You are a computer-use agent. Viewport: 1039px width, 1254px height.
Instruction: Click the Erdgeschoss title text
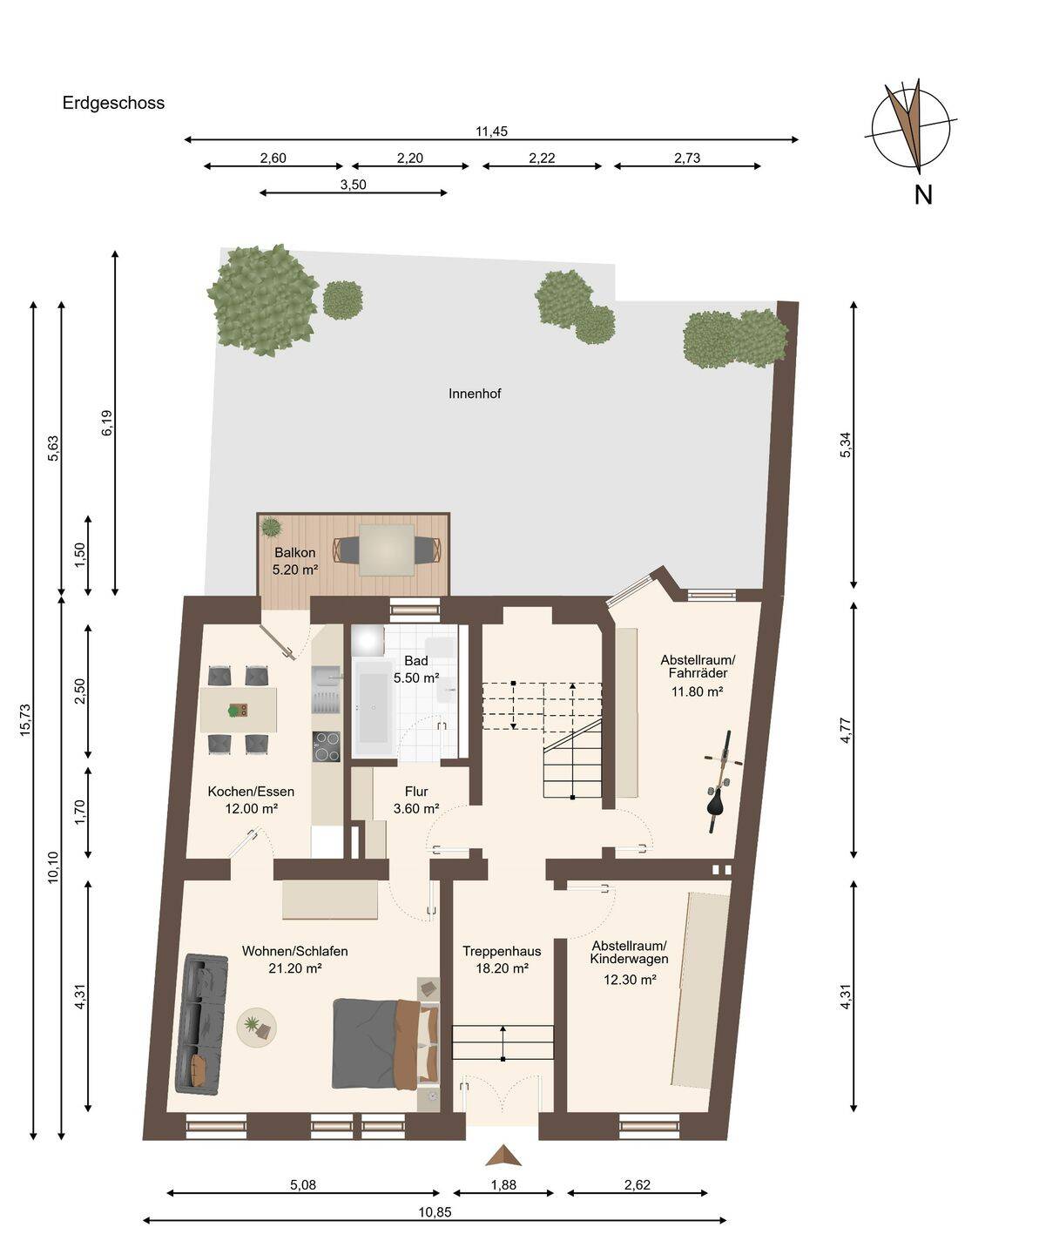click(113, 104)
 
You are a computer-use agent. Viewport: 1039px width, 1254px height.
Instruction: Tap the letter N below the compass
click(923, 195)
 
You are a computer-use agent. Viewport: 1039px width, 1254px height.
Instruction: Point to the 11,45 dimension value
click(491, 131)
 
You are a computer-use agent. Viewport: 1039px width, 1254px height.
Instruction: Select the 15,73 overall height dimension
click(25, 720)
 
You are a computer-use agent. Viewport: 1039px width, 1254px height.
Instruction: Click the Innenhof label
click(475, 394)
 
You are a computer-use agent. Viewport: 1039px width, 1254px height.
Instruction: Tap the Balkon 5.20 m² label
click(295, 561)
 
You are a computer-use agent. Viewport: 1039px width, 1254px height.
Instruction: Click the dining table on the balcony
click(387, 550)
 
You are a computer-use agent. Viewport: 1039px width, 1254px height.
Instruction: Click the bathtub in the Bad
click(373, 707)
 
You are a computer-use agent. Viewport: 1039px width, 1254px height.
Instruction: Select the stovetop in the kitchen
click(326, 746)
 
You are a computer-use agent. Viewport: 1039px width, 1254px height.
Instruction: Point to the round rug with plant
click(256, 1027)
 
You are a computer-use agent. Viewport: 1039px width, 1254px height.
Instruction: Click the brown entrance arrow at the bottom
click(503, 1155)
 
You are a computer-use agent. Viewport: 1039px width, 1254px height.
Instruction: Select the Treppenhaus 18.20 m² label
click(502, 960)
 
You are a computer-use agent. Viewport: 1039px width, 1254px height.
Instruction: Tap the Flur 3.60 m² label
click(416, 800)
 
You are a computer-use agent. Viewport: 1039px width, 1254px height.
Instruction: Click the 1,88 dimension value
click(503, 1185)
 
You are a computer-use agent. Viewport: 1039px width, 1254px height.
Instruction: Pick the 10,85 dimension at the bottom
click(435, 1212)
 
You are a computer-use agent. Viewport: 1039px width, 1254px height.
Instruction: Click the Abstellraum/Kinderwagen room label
click(629, 953)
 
